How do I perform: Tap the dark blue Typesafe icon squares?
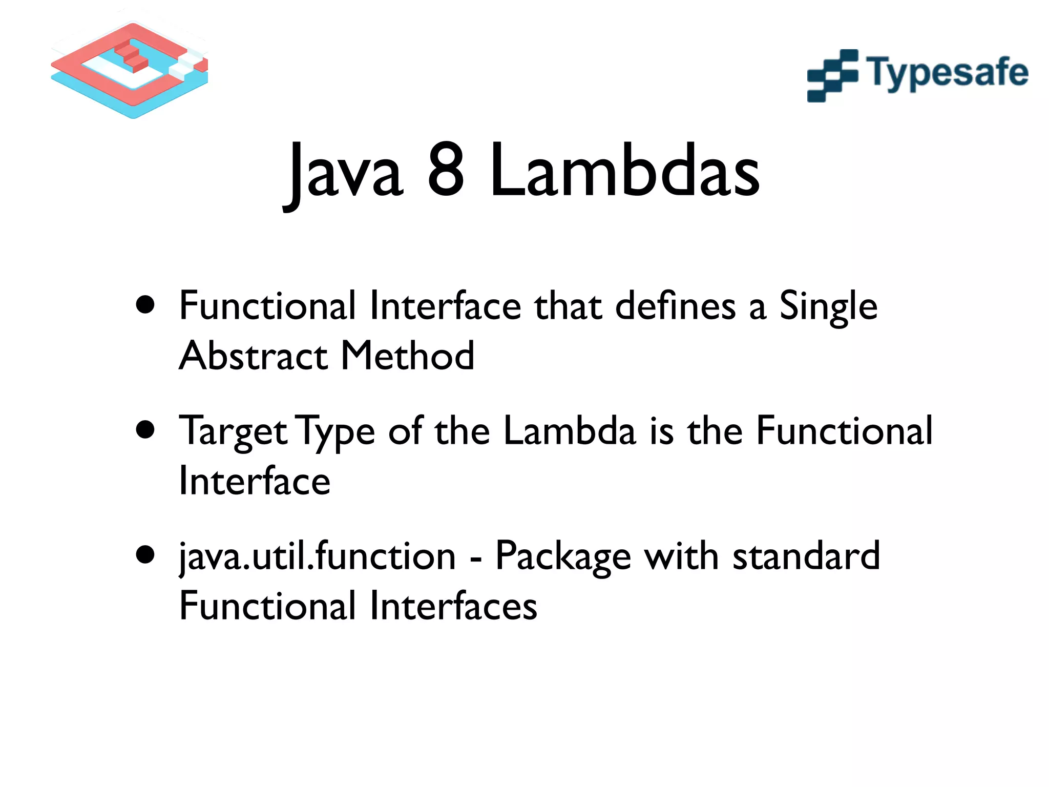point(832,76)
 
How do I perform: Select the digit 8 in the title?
point(446,170)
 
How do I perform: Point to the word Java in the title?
point(344,172)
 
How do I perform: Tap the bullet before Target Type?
point(146,430)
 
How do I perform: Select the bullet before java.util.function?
point(146,555)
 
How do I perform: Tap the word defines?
point(675,306)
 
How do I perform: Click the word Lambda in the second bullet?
point(570,430)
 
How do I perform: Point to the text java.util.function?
point(317,557)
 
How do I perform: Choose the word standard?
point(806,556)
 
